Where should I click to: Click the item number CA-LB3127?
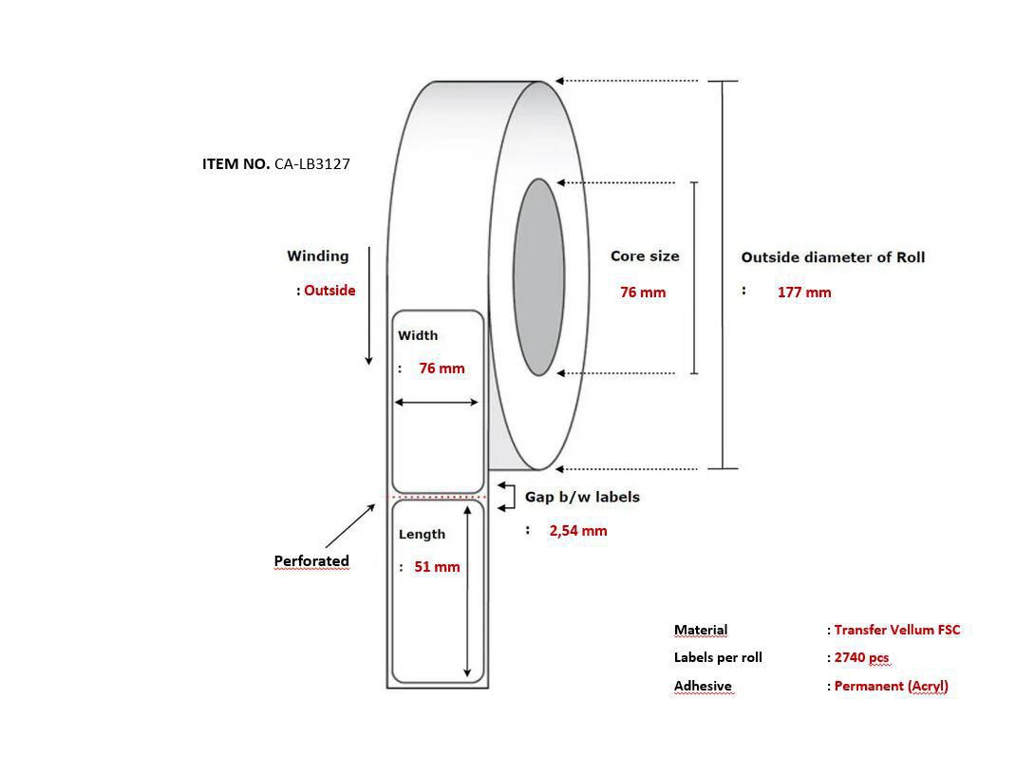point(311,164)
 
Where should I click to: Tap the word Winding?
point(317,255)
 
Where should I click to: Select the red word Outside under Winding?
point(329,291)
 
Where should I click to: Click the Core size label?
point(645,255)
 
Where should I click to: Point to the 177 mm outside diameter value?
point(804,293)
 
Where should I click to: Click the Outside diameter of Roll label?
point(833,257)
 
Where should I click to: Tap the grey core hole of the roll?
point(538,277)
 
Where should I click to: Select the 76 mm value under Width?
point(442,369)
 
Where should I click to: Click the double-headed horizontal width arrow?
point(436,403)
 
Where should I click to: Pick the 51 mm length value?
point(437,567)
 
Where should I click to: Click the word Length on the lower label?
point(422,535)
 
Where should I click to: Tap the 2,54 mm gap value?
point(578,531)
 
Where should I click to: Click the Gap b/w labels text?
point(582,497)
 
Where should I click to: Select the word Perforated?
point(311,561)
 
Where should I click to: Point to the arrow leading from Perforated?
point(349,526)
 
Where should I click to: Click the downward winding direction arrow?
point(369,306)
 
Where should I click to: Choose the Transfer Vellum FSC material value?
point(896,630)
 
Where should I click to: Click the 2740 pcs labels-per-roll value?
point(861,658)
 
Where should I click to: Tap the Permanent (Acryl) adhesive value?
point(891,687)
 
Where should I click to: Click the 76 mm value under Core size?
point(643,293)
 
